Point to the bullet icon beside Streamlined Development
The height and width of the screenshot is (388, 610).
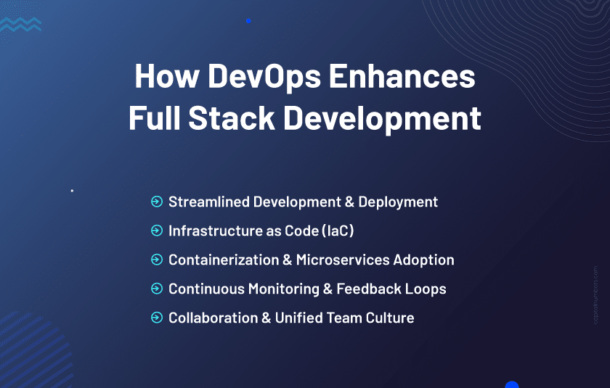tap(156, 202)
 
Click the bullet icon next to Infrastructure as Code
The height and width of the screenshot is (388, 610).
tap(156, 231)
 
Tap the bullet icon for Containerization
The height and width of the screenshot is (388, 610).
tap(156, 260)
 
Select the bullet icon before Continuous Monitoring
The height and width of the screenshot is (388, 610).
tap(156, 289)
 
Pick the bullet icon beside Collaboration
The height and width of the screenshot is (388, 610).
tap(156, 318)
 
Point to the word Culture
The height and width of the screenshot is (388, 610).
tap(389, 318)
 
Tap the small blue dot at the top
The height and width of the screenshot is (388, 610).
tap(248, 21)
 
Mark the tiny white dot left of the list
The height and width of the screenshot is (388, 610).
tap(72, 191)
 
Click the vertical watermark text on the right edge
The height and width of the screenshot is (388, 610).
tap(595, 294)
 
